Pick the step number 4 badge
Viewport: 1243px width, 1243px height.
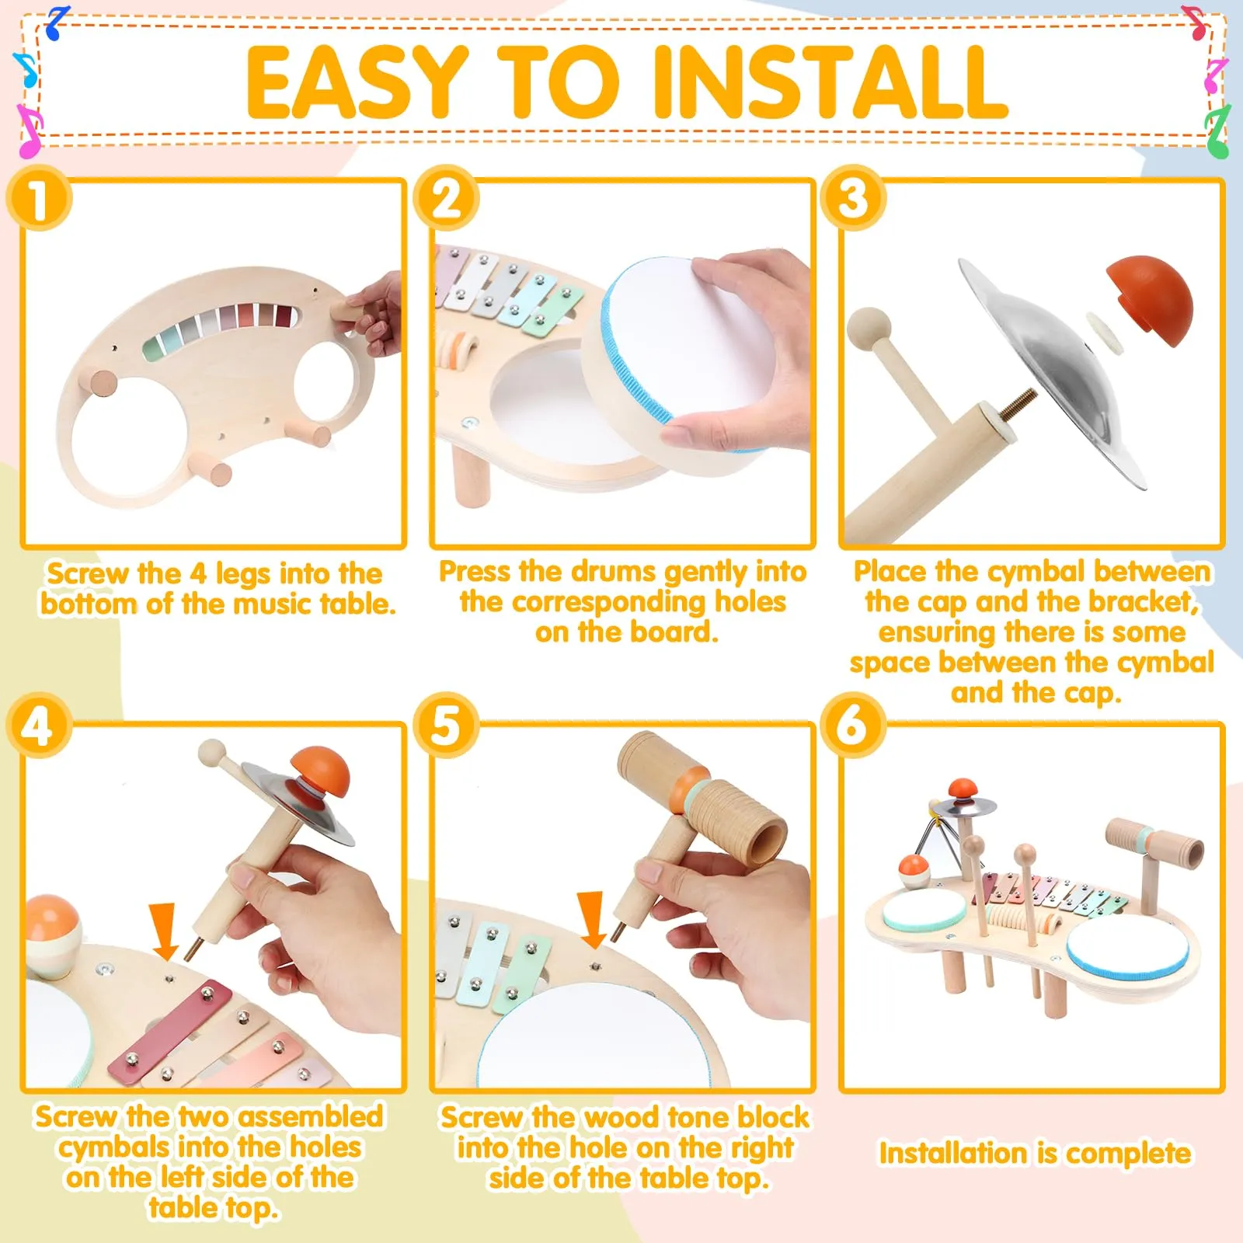tap(39, 726)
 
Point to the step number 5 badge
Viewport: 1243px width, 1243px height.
tap(446, 726)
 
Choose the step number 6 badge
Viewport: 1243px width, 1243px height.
tap(854, 726)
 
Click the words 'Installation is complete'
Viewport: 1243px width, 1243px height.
tap(1034, 1154)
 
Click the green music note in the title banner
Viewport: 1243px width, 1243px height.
tap(1217, 132)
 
